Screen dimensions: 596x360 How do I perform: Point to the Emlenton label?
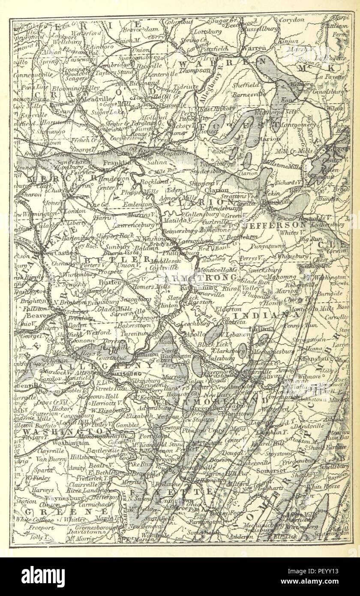(137, 205)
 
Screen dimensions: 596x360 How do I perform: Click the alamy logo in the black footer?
(43, 576)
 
